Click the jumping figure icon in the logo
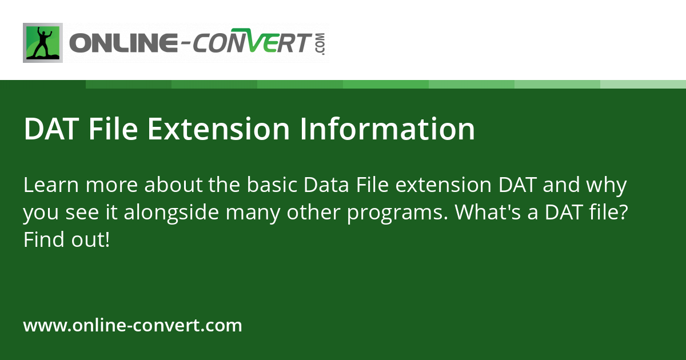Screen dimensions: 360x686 coord(42,43)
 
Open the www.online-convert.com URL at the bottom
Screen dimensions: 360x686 coord(133,326)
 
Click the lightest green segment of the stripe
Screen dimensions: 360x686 coord(643,85)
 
